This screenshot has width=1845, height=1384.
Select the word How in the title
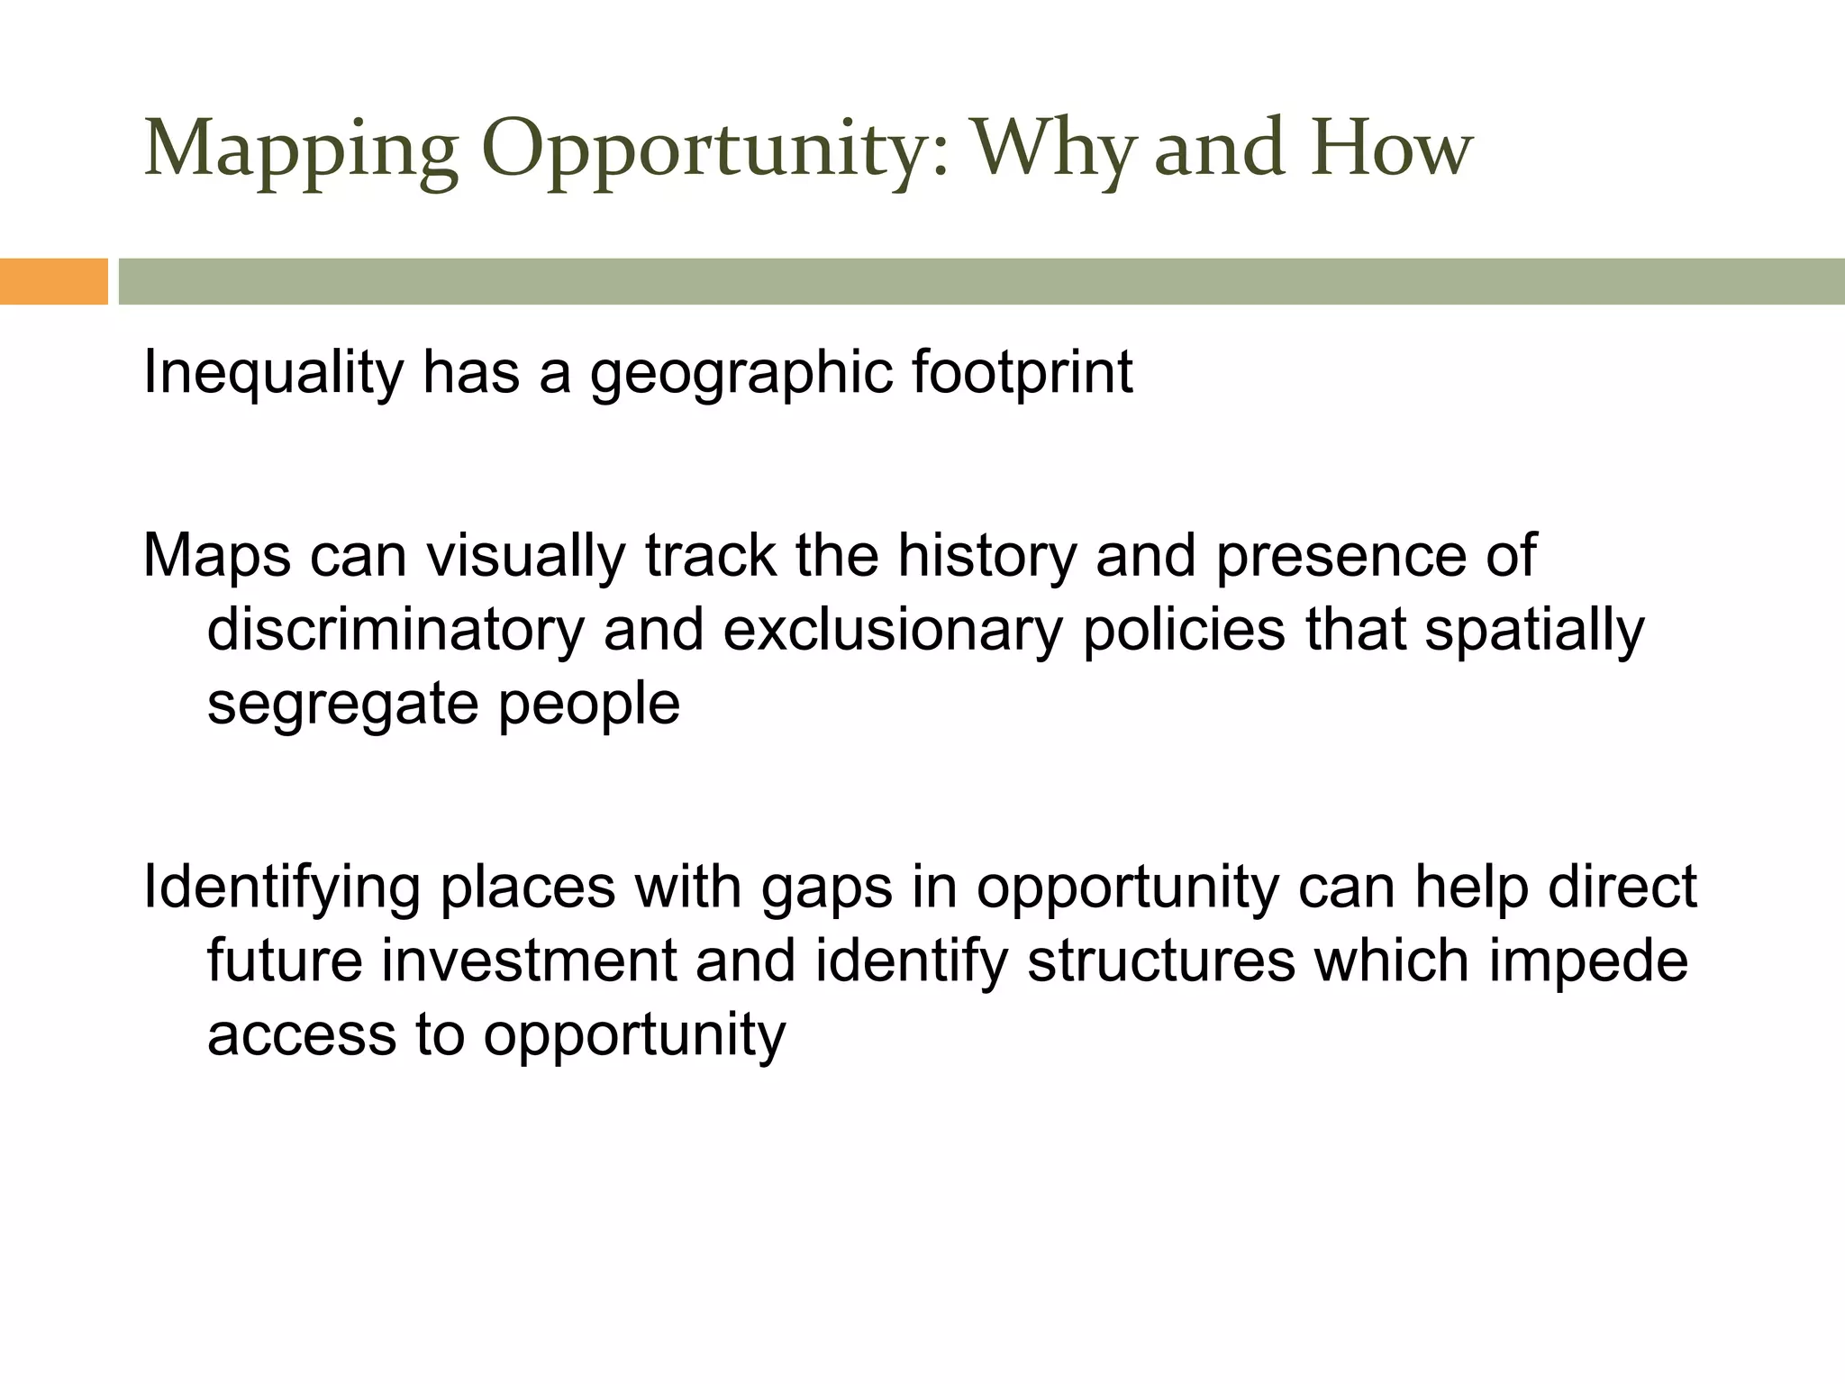(x=1392, y=149)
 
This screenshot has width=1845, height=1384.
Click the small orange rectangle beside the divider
(x=53, y=281)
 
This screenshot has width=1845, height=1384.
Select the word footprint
(x=1022, y=373)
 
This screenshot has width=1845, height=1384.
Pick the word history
(x=986, y=555)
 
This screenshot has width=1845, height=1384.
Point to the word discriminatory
(x=395, y=629)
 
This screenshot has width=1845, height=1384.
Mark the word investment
(x=528, y=961)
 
